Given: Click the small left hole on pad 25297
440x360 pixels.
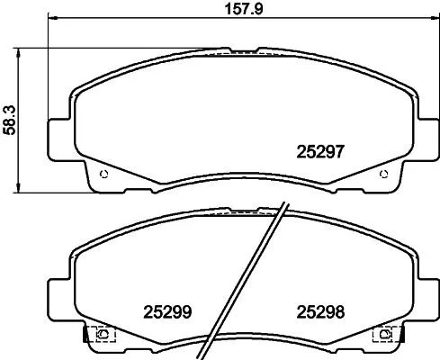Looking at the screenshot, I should [105, 174].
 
